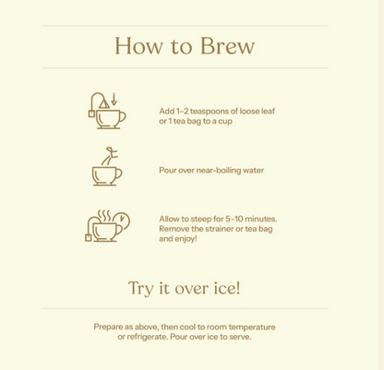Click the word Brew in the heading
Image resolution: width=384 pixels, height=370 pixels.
click(x=227, y=46)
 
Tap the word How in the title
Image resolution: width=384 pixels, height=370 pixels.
click(x=138, y=46)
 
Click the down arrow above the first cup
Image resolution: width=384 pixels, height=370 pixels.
click(x=114, y=99)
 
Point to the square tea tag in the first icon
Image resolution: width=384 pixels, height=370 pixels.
click(x=91, y=113)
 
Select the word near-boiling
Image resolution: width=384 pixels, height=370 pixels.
click(x=219, y=171)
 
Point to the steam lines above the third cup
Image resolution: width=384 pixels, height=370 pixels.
click(x=104, y=216)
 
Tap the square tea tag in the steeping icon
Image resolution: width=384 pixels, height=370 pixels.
click(x=89, y=238)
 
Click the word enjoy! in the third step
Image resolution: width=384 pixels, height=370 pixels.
click(x=186, y=239)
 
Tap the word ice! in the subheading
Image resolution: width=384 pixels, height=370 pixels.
click(x=227, y=288)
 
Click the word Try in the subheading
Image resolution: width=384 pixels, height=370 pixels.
click(x=140, y=289)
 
